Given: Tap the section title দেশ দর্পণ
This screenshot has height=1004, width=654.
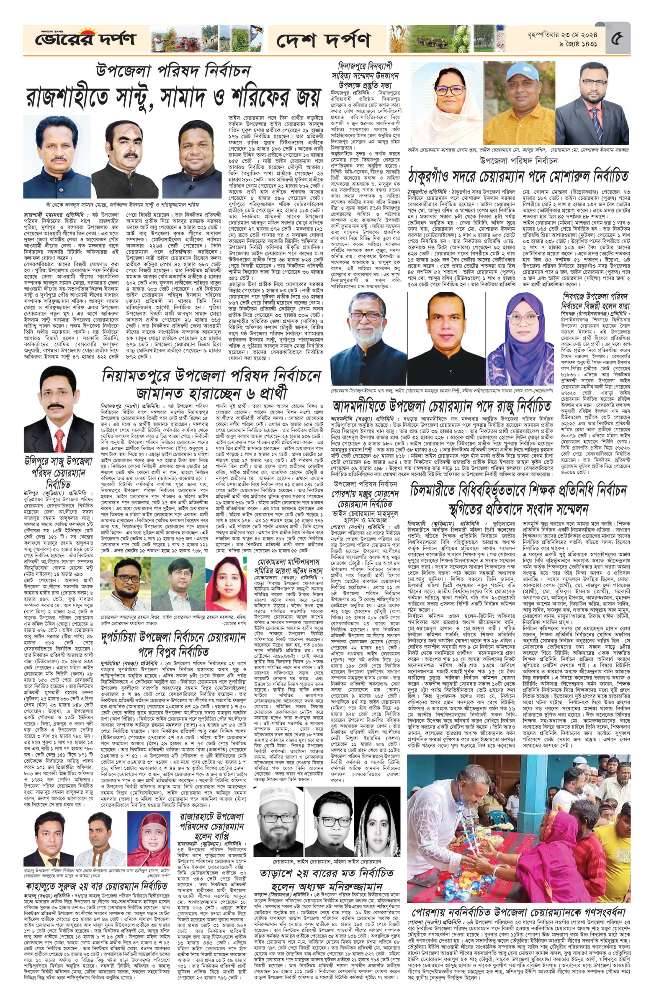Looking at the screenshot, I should (x=323, y=40).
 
